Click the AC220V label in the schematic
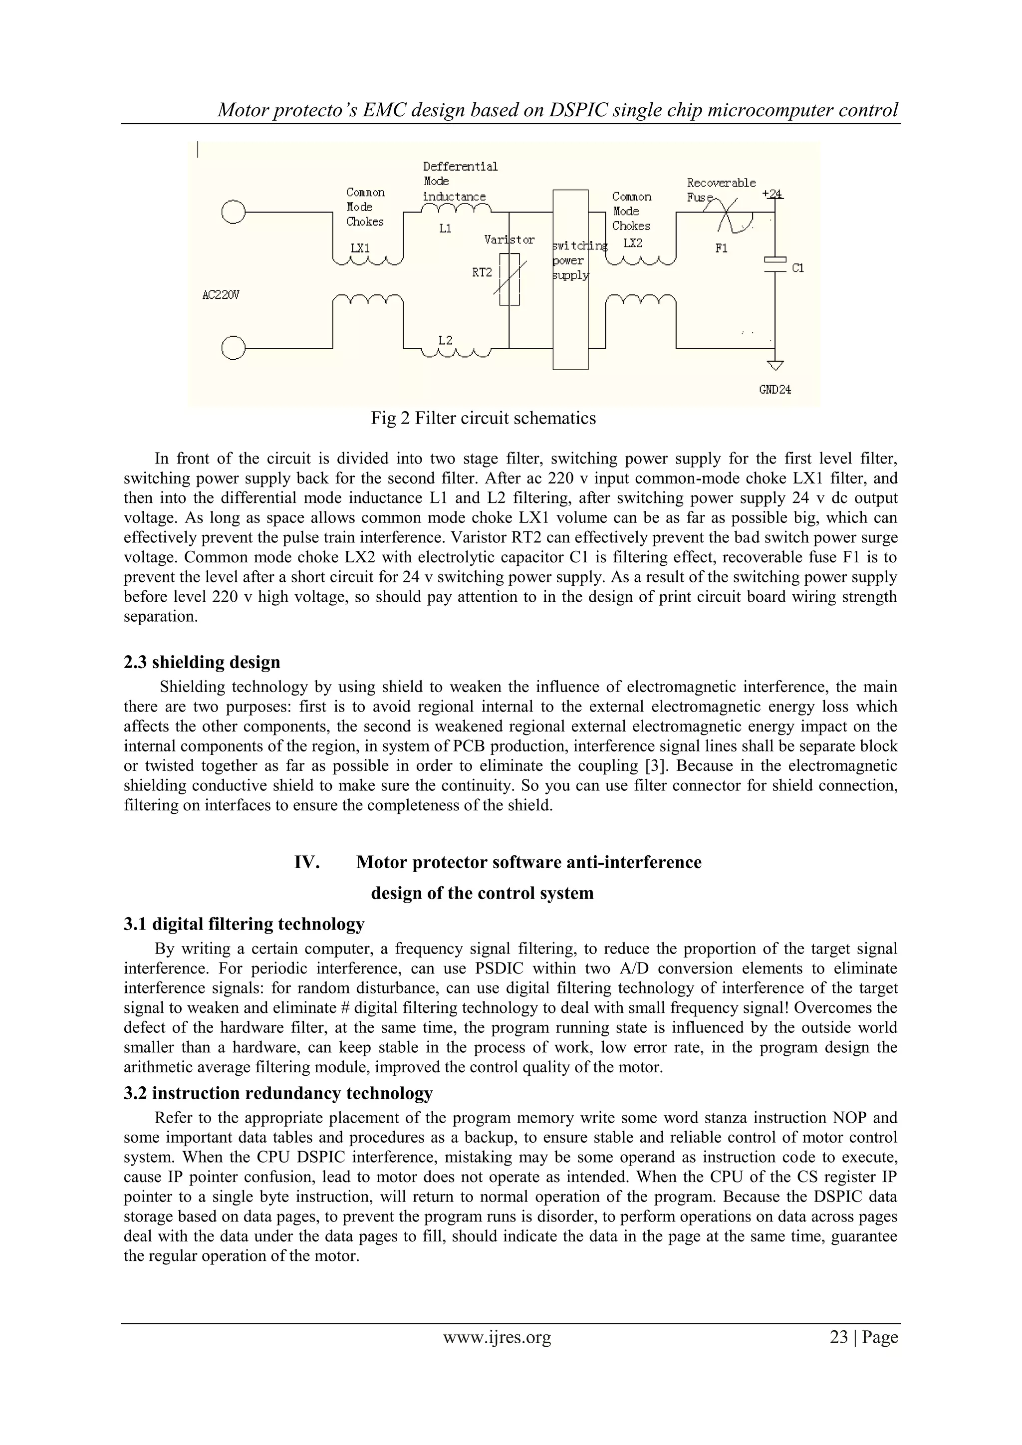221,294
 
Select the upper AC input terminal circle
233,212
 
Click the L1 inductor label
445,229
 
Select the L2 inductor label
445,340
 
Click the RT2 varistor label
482,272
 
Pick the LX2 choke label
633,243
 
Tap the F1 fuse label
721,248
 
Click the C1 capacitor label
797,268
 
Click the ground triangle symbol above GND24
775,366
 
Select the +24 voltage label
772,194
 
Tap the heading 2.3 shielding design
202,662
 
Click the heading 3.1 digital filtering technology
244,924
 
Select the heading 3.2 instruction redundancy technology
277,1093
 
